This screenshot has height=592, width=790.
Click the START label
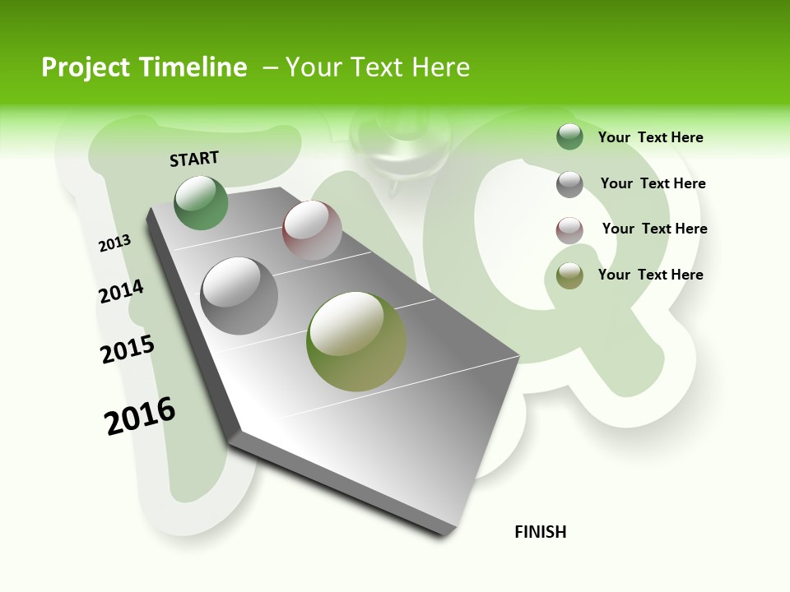click(194, 159)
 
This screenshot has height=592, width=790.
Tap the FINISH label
click(541, 532)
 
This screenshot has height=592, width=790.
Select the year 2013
click(115, 243)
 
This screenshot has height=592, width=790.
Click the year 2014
click(121, 291)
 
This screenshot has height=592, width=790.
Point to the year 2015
click(128, 349)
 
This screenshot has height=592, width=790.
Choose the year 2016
click(140, 416)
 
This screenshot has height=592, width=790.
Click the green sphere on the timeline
click(202, 202)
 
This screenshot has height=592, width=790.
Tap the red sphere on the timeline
click(312, 230)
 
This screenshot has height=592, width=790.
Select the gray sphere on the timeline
click(239, 296)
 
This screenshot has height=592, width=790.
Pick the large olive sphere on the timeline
click(356, 341)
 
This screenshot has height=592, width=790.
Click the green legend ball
click(569, 137)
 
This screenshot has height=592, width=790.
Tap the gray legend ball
click(569, 184)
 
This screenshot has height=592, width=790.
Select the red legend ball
click(569, 230)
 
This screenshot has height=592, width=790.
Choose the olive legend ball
click(569, 275)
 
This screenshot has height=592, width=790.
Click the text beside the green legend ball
click(650, 138)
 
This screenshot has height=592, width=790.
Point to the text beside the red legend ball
click(654, 229)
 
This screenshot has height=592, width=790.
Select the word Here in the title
click(440, 67)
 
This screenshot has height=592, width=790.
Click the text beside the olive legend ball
click(650, 275)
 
